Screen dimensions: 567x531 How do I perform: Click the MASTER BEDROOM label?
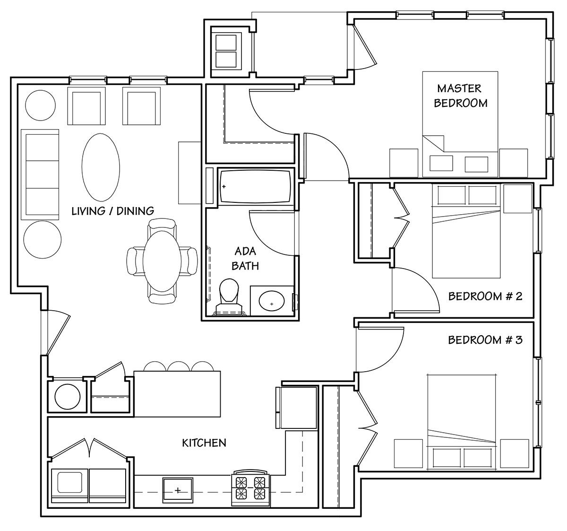pyautogui.click(x=461, y=96)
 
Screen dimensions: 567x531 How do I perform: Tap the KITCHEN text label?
pyautogui.click(x=204, y=443)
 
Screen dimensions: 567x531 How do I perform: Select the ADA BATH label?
pyautogui.click(x=245, y=259)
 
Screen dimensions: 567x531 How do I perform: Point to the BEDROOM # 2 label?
pyautogui.click(x=485, y=296)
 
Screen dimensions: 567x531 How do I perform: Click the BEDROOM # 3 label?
pyautogui.click(x=485, y=340)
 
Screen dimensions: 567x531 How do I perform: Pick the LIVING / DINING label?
pyautogui.click(x=113, y=211)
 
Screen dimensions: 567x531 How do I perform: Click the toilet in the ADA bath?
pyautogui.click(x=229, y=297)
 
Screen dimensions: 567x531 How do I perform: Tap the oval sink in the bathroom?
pyautogui.click(x=272, y=301)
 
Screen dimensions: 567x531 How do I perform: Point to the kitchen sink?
pyautogui.click(x=178, y=490)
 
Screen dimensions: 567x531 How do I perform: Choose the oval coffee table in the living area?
pyautogui.click(x=101, y=167)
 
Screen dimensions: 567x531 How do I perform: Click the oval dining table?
pyautogui.click(x=162, y=261)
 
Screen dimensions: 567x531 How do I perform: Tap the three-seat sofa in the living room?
pyautogui.click(x=40, y=174)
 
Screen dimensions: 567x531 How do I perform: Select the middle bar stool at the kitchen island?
pyautogui.click(x=179, y=366)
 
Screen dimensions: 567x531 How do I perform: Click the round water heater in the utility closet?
pyautogui.click(x=68, y=397)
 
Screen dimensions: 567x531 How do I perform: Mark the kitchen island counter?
pyautogui.click(x=177, y=394)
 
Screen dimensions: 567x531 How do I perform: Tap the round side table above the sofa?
pyautogui.click(x=40, y=105)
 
